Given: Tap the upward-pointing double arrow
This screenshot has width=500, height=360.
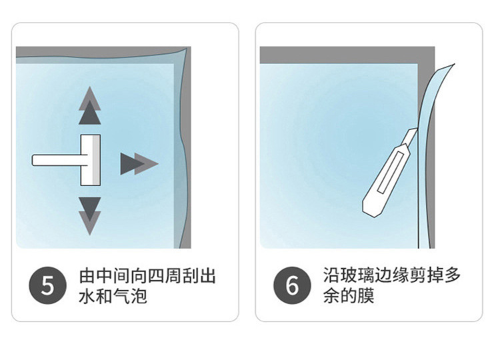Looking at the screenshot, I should coord(89,107).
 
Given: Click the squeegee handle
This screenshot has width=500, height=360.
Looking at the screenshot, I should coord(56,161).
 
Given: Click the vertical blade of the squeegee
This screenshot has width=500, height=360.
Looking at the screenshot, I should coord(90,160).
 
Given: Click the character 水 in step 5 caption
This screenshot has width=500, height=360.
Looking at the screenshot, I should coord(87,295).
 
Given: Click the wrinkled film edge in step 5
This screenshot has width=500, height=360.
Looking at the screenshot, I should coord(183,147).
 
